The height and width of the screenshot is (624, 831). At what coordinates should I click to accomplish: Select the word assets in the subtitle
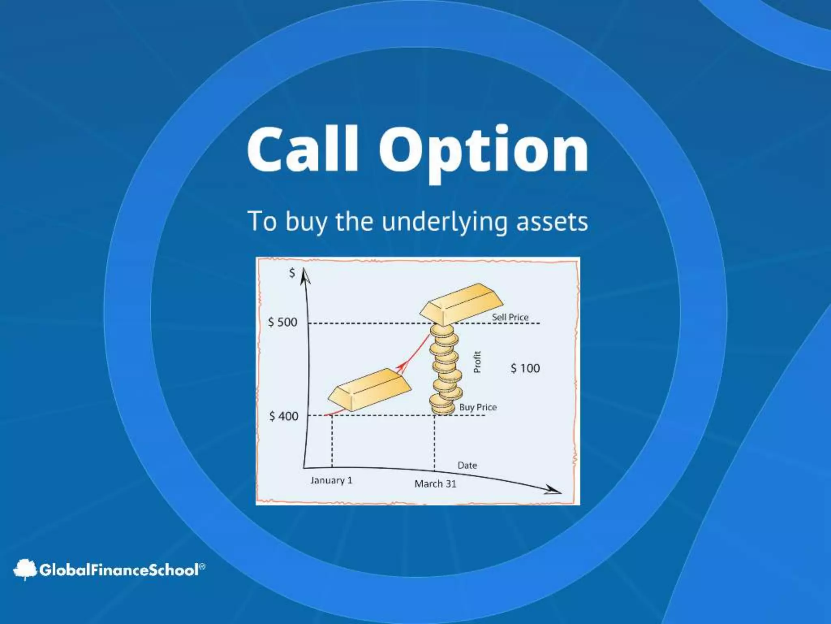click(552, 222)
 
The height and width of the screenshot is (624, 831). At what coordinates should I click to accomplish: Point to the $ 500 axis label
click(283, 322)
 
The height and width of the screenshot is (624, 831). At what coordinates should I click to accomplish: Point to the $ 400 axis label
click(284, 416)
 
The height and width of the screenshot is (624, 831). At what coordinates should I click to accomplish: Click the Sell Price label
click(510, 317)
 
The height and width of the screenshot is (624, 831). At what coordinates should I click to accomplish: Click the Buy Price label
click(478, 407)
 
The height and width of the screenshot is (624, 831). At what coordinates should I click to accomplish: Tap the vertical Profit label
click(477, 362)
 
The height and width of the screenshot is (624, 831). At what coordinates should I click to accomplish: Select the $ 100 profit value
click(525, 368)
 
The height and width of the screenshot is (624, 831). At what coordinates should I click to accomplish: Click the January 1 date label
click(331, 481)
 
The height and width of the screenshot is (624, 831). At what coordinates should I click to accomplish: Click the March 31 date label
click(435, 484)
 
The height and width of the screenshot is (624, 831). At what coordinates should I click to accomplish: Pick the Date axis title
click(467, 466)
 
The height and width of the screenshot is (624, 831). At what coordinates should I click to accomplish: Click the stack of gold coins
click(445, 370)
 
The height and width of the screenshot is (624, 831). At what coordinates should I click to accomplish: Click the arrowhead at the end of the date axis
click(553, 490)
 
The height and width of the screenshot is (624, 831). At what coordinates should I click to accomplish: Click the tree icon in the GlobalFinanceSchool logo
click(25, 569)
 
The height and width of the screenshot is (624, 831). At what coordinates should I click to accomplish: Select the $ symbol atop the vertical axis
click(291, 273)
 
